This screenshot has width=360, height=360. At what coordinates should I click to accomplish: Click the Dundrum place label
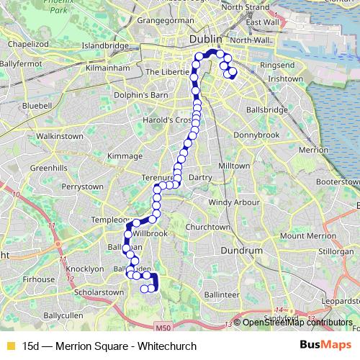(x=242, y=251)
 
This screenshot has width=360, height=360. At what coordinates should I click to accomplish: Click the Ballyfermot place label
(x=22, y=64)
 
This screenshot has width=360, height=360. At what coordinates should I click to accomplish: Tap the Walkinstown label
(x=60, y=135)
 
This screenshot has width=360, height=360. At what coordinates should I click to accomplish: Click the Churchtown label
(x=207, y=227)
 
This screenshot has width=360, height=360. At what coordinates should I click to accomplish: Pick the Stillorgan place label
(x=336, y=252)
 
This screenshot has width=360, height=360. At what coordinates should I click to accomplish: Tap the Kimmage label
(x=125, y=156)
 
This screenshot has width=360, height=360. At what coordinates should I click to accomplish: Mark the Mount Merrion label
(x=307, y=235)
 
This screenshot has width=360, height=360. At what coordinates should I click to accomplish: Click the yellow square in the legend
(x=9, y=346)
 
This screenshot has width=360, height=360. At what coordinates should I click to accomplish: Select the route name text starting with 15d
(x=109, y=346)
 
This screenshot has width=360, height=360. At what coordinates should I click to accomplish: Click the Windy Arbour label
(x=234, y=202)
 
